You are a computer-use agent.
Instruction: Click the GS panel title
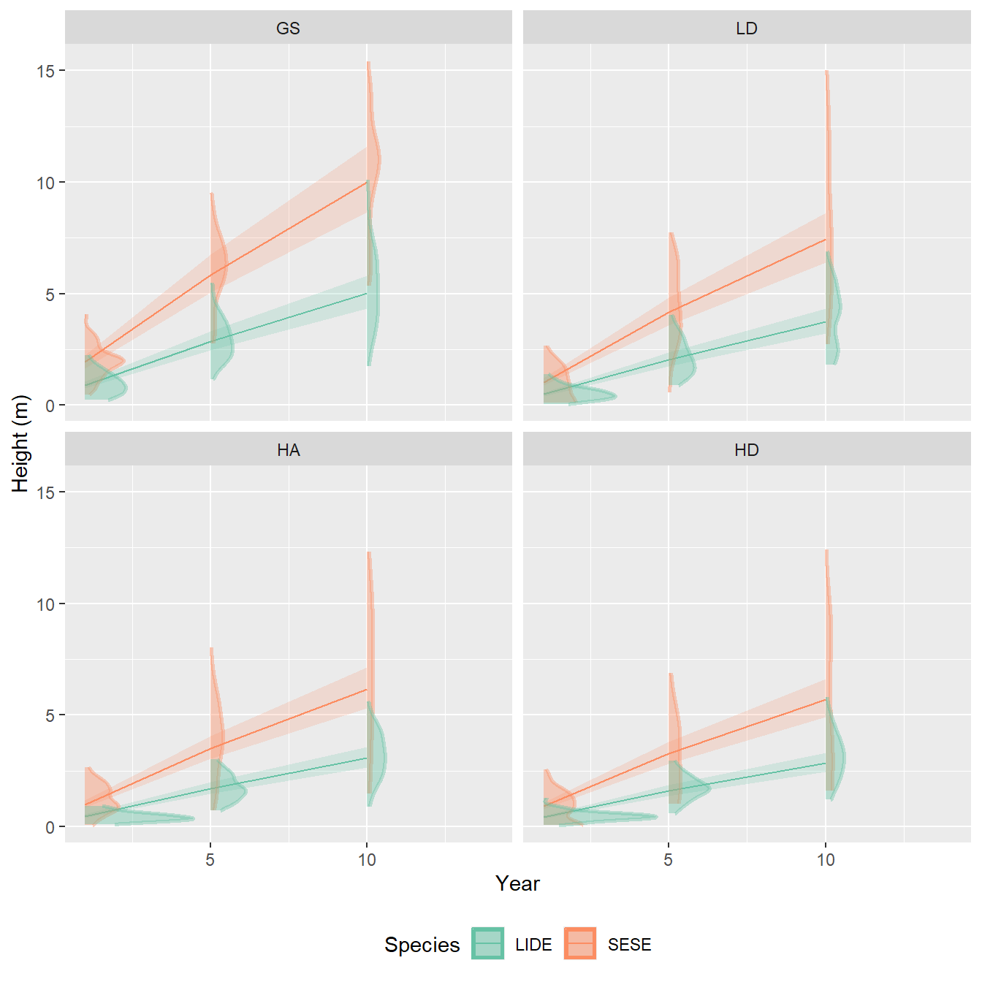click(x=288, y=28)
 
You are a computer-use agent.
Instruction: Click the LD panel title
click(x=746, y=28)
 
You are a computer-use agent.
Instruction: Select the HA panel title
click(x=288, y=450)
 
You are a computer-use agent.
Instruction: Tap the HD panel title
click(x=746, y=450)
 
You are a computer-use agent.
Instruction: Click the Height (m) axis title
click(x=20, y=444)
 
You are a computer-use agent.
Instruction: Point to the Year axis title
click(x=517, y=883)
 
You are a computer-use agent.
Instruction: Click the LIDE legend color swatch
click(x=487, y=943)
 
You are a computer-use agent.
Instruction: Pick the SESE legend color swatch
click(x=580, y=943)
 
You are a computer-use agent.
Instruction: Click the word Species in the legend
click(x=422, y=945)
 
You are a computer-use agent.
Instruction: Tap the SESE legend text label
click(x=629, y=945)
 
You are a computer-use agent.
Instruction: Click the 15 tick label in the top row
click(x=45, y=71)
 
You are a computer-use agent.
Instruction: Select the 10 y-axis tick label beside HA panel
click(x=45, y=604)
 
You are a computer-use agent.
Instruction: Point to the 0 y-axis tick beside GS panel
click(x=50, y=406)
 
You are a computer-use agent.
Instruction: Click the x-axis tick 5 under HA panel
click(x=210, y=860)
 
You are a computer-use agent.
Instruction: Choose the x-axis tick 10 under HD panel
click(x=826, y=860)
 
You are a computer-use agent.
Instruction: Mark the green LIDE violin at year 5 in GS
click(x=221, y=336)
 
